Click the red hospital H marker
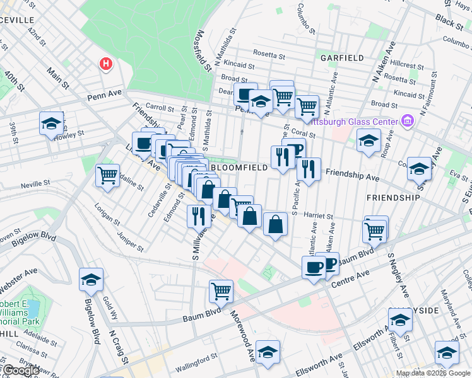tap(106, 64)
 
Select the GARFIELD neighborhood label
tap(342, 57)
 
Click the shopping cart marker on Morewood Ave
tap(221, 290)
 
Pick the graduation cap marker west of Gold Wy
tap(91, 279)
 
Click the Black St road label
tap(449, 23)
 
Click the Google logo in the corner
tap(20, 370)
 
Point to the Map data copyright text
tap(432, 372)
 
